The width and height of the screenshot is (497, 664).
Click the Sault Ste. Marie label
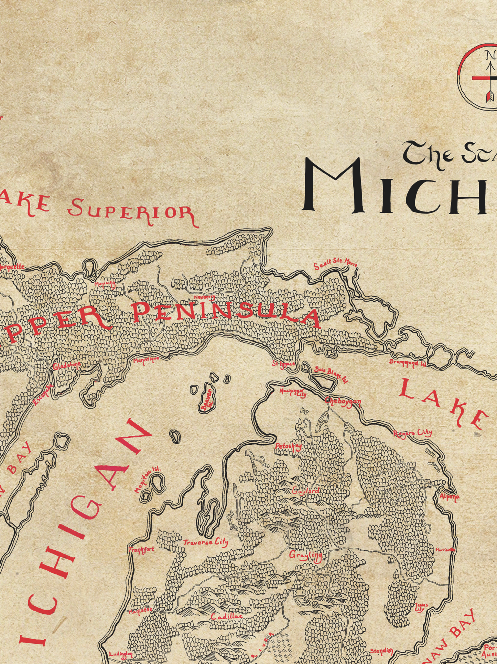point(335,264)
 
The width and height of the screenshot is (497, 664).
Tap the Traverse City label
point(206,542)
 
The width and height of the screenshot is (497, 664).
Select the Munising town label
point(105,283)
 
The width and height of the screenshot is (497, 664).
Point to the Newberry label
point(204,297)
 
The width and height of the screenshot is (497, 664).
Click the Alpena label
point(450,497)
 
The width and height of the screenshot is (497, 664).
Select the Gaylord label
point(305,491)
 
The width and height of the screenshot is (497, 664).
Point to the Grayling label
point(305,555)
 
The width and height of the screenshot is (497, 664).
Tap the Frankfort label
point(141,549)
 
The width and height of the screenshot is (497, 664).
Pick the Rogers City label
point(412,433)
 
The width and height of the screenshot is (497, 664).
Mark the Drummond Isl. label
point(407,362)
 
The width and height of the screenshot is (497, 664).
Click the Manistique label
point(146,360)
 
